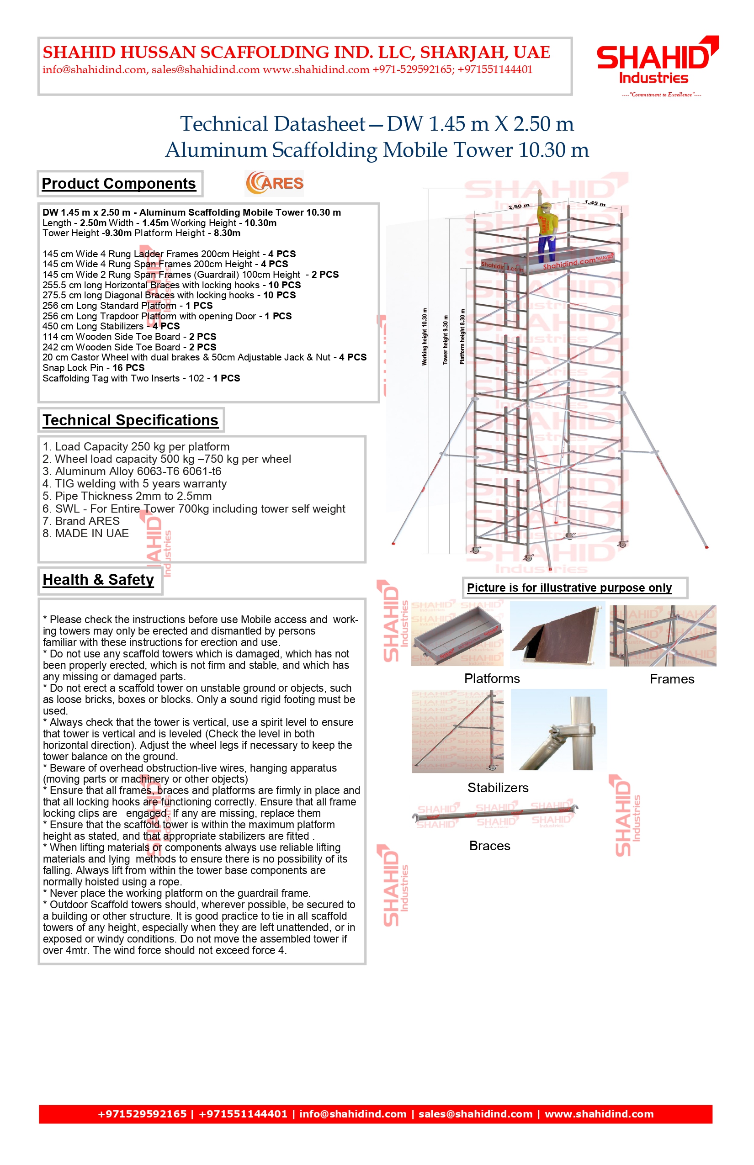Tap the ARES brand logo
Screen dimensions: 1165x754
point(274,183)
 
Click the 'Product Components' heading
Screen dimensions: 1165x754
point(118,184)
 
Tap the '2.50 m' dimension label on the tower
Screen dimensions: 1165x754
point(519,207)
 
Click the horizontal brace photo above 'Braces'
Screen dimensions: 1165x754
point(494,815)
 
